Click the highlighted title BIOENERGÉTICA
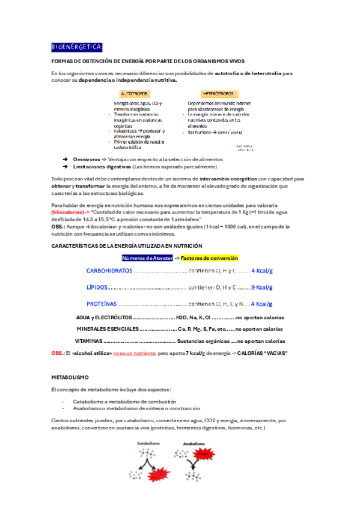coord(77,47)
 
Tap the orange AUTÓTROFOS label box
coord(135,94)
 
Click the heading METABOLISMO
coord(70,377)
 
